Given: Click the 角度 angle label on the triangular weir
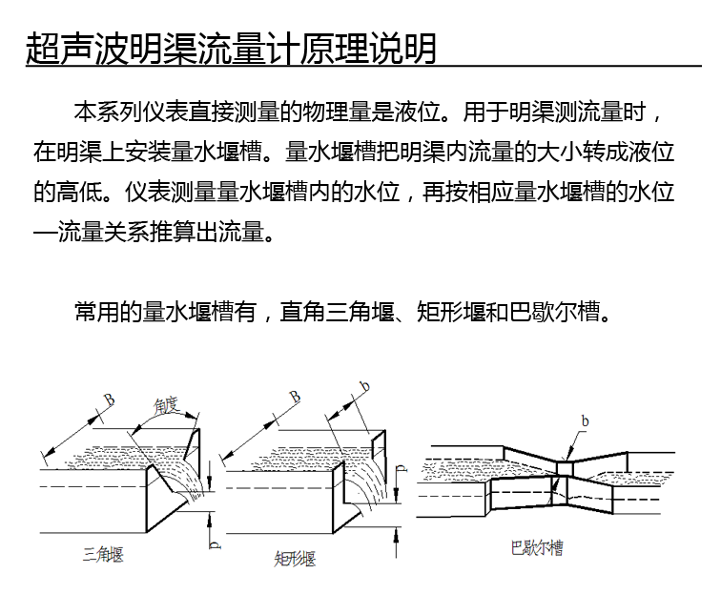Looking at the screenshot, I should tap(167, 405).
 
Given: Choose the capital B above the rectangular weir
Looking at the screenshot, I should tap(296, 396).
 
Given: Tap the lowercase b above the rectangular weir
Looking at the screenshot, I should tap(363, 386).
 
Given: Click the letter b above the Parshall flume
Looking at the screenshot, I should tap(585, 420).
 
